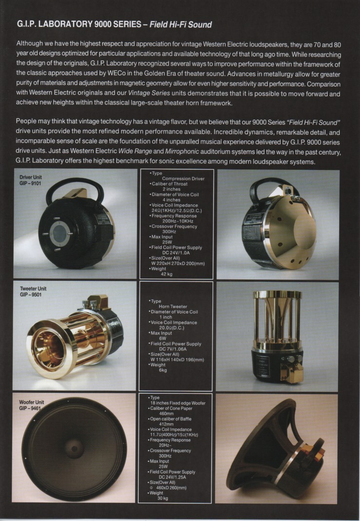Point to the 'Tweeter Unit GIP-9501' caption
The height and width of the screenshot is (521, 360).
tap(33, 291)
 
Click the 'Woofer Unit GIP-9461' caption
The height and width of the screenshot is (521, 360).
tap(31, 405)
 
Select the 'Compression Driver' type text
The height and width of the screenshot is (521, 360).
tap(183, 179)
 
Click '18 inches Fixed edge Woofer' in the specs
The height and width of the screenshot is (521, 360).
tap(178, 403)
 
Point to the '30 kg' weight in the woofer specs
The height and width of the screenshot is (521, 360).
tap(162, 498)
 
